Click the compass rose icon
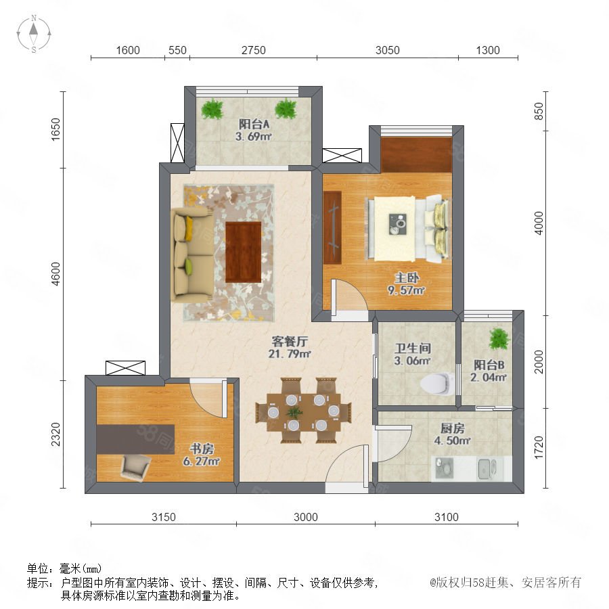[x=34, y=34]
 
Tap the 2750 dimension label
[x=254, y=51]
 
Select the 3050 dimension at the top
[x=387, y=51]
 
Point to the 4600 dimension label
[x=56, y=274]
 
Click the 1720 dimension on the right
[x=539, y=447]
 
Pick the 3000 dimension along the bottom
[x=306, y=517]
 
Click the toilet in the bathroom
[x=437, y=383]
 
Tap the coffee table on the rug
[x=243, y=252]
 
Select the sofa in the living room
[x=193, y=255]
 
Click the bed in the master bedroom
[x=408, y=229]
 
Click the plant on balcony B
[x=499, y=339]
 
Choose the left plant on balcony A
[x=212, y=109]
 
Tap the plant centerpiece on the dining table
[x=294, y=411]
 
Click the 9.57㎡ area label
[x=406, y=290]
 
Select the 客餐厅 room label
[x=290, y=342]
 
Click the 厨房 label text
[x=452, y=428]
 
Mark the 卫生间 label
[x=413, y=348]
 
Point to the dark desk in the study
[x=135, y=439]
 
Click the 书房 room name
[x=201, y=449]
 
